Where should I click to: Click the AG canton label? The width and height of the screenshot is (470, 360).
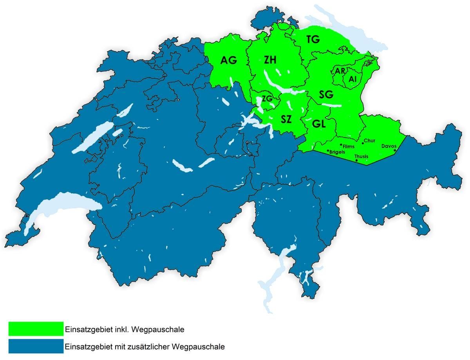pos(229,61)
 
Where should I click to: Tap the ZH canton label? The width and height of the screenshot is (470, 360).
pos(270,60)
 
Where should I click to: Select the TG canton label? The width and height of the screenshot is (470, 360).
pos(313,39)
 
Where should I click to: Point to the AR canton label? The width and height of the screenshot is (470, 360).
pos(340,71)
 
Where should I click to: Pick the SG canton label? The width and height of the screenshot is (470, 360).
pos(326,94)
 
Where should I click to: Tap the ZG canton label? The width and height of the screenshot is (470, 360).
pos(267,99)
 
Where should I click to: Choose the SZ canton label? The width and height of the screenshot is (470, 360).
pos(286,119)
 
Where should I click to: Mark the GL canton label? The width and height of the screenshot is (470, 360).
pos(319,124)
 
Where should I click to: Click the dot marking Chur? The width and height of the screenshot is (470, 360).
pos(363,143)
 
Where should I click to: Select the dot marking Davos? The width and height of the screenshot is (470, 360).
pos(395,150)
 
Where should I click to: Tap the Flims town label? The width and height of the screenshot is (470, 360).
pos(349,147)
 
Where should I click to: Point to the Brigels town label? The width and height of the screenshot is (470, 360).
pos(338,152)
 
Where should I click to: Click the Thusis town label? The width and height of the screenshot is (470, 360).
pos(361,157)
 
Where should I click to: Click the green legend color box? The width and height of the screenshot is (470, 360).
pos(36,329)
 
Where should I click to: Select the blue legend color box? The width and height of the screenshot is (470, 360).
pos(36,346)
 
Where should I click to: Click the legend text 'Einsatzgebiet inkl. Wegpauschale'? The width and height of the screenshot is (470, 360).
pos(125,329)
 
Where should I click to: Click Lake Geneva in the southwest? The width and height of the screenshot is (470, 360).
pos(59,205)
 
